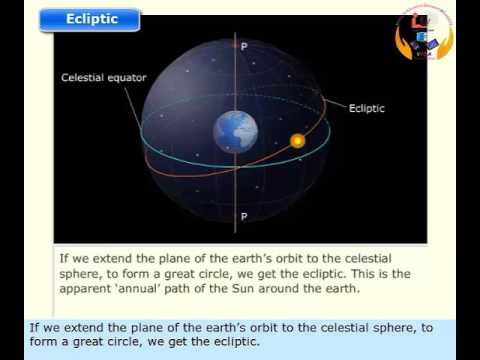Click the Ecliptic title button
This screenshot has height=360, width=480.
91,19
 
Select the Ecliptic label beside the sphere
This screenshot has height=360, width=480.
367,108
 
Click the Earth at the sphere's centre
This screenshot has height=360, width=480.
236,131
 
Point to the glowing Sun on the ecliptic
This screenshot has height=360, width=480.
297,141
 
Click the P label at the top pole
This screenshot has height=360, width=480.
242,46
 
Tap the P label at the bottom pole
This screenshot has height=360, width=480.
242,216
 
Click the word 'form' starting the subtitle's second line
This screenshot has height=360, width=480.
43,342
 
